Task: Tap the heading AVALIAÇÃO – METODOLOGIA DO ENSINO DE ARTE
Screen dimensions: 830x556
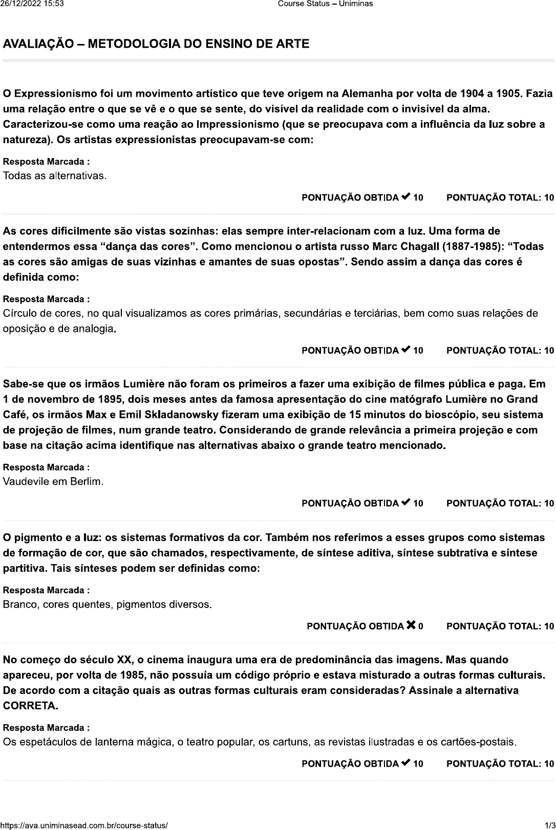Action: (x=156, y=44)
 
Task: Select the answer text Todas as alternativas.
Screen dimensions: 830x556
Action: (x=55, y=176)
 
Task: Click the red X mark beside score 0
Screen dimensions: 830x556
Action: (x=411, y=625)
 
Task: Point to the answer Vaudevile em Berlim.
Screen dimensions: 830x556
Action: (x=53, y=482)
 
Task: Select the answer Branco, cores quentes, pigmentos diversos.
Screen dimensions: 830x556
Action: (x=107, y=605)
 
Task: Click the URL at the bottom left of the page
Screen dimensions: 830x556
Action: (x=84, y=825)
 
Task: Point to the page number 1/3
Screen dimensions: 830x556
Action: (x=549, y=825)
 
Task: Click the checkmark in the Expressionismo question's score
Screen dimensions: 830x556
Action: (x=406, y=197)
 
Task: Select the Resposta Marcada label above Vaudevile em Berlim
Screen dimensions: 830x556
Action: (x=47, y=467)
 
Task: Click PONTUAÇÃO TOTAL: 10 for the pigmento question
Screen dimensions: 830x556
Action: (x=500, y=626)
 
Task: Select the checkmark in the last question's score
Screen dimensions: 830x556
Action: (x=406, y=763)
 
